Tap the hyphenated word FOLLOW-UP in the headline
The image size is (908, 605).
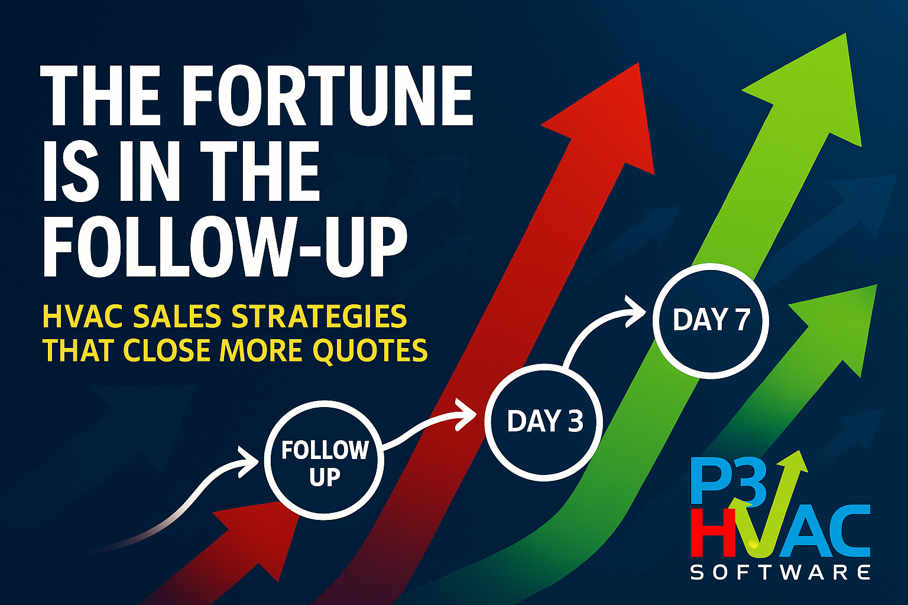pyautogui.click(x=225, y=246)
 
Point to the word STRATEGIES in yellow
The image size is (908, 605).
pyautogui.click(x=319, y=316)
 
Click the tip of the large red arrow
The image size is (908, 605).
pyautogui.click(x=639, y=63)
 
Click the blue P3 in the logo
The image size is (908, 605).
pyautogui.click(x=728, y=482)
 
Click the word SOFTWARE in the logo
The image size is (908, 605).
pyautogui.click(x=780, y=573)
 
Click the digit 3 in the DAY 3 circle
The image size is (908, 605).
pyautogui.click(x=575, y=421)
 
